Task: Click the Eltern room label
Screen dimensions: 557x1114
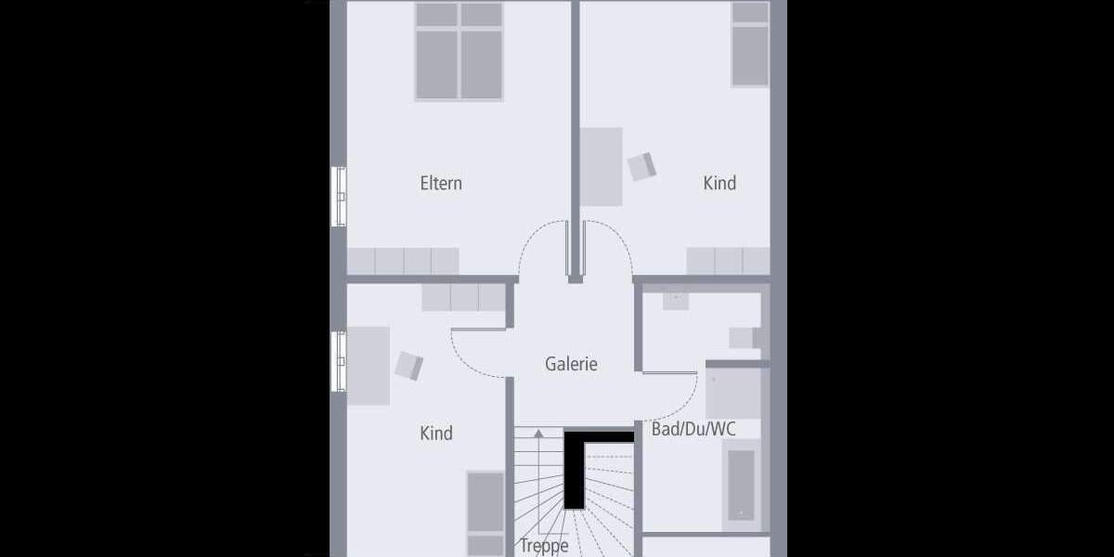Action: click(440, 183)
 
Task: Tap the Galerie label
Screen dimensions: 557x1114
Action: click(570, 364)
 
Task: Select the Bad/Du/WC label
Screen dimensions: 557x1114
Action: click(693, 429)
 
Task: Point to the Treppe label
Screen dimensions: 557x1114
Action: click(544, 546)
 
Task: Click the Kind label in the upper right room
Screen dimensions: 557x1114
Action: click(719, 183)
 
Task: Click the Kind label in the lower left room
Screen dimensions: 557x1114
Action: click(436, 433)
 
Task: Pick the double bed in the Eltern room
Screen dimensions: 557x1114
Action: click(459, 51)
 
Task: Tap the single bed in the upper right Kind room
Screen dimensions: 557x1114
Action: click(750, 44)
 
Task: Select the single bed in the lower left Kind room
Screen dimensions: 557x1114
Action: click(486, 513)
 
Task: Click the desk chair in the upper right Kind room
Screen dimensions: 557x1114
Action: click(641, 166)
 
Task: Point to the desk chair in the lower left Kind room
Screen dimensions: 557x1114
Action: click(408, 365)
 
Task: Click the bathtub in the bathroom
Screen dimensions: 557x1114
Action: click(741, 485)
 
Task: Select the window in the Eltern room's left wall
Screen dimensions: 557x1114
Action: click(340, 196)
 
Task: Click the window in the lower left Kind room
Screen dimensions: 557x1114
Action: click(340, 361)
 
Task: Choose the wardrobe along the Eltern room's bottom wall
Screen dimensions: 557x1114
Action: click(403, 261)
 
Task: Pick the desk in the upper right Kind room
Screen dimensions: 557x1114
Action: click(601, 166)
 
